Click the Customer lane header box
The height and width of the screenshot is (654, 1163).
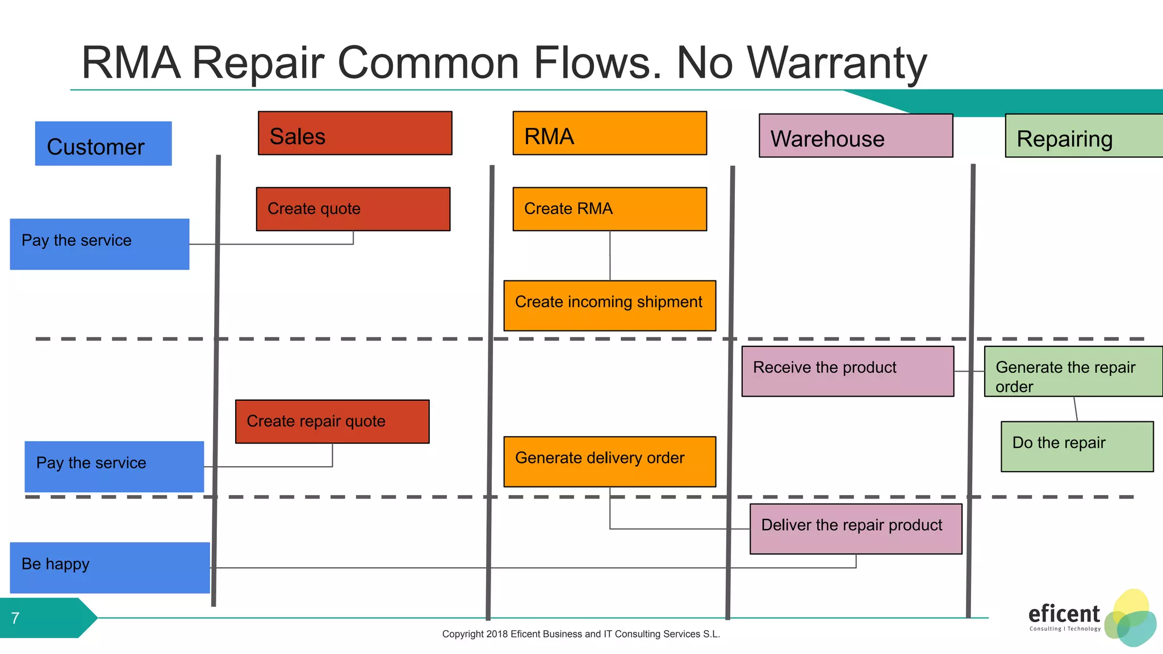tap(103, 144)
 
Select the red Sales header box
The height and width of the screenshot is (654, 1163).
tap(355, 133)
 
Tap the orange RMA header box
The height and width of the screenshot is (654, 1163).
tap(609, 133)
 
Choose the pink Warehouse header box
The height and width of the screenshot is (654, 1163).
tap(856, 136)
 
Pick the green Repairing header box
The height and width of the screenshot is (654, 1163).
tap(1083, 136)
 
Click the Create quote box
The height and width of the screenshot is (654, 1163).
tap(353, 209)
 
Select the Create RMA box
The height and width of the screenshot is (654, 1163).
tap(609, 209)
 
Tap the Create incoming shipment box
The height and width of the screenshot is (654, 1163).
tap(609, 305)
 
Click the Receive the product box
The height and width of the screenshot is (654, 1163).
tap(847, 371)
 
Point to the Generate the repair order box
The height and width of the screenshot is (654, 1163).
tap(1073, 371)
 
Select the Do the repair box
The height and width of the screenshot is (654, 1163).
tap(1077, 446)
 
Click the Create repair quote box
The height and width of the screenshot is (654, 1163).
tap(332, 421)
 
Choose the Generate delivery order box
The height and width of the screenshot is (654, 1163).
tap(609, 462)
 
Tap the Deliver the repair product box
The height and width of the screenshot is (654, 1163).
tap(856, 529)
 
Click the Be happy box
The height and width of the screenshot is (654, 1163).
tap(110, 568)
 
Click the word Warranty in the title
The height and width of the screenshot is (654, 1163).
tap(836, 62)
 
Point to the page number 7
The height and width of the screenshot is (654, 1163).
tap(15, 618)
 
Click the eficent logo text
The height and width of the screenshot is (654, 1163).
tap(1064, 614)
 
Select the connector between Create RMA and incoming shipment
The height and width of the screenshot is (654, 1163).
tap(610, 255)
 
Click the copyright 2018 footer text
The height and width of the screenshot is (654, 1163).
tap(581, 634)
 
